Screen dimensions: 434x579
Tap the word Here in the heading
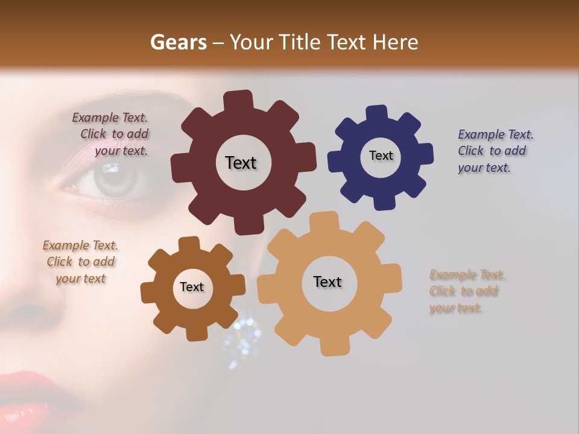(x=396, y=42)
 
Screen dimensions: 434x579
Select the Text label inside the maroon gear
(x=241, y=163)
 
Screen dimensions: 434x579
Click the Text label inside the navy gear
(x=381, y=156)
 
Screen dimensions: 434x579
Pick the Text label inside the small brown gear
(x=192, y=287)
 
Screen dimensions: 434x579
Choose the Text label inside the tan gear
(x=327, y=281)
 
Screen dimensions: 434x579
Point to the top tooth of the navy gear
(x=376, y=114)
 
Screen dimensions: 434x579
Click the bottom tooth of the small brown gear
(x=195, y=333)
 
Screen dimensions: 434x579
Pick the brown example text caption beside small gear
(x=81, y=262)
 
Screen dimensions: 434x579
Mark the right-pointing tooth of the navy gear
(x=425, y=154)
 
